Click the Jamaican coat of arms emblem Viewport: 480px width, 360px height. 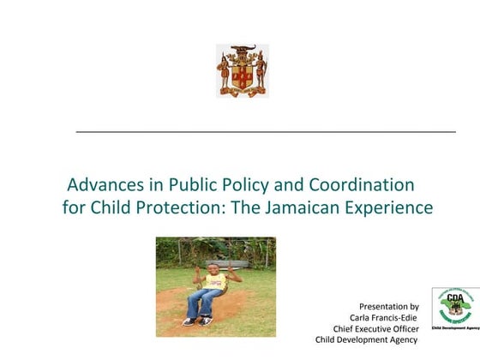pos(242,70)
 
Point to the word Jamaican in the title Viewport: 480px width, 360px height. pos(311,207)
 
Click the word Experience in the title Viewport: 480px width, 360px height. pos(390,207)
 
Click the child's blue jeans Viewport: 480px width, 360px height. pos(206,302)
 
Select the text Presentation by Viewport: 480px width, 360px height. pos(388,306)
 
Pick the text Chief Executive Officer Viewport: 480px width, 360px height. pos(375,328)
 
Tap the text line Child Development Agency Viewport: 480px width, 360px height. pos(366,339)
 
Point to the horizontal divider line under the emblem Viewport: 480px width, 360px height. pos(266,132)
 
